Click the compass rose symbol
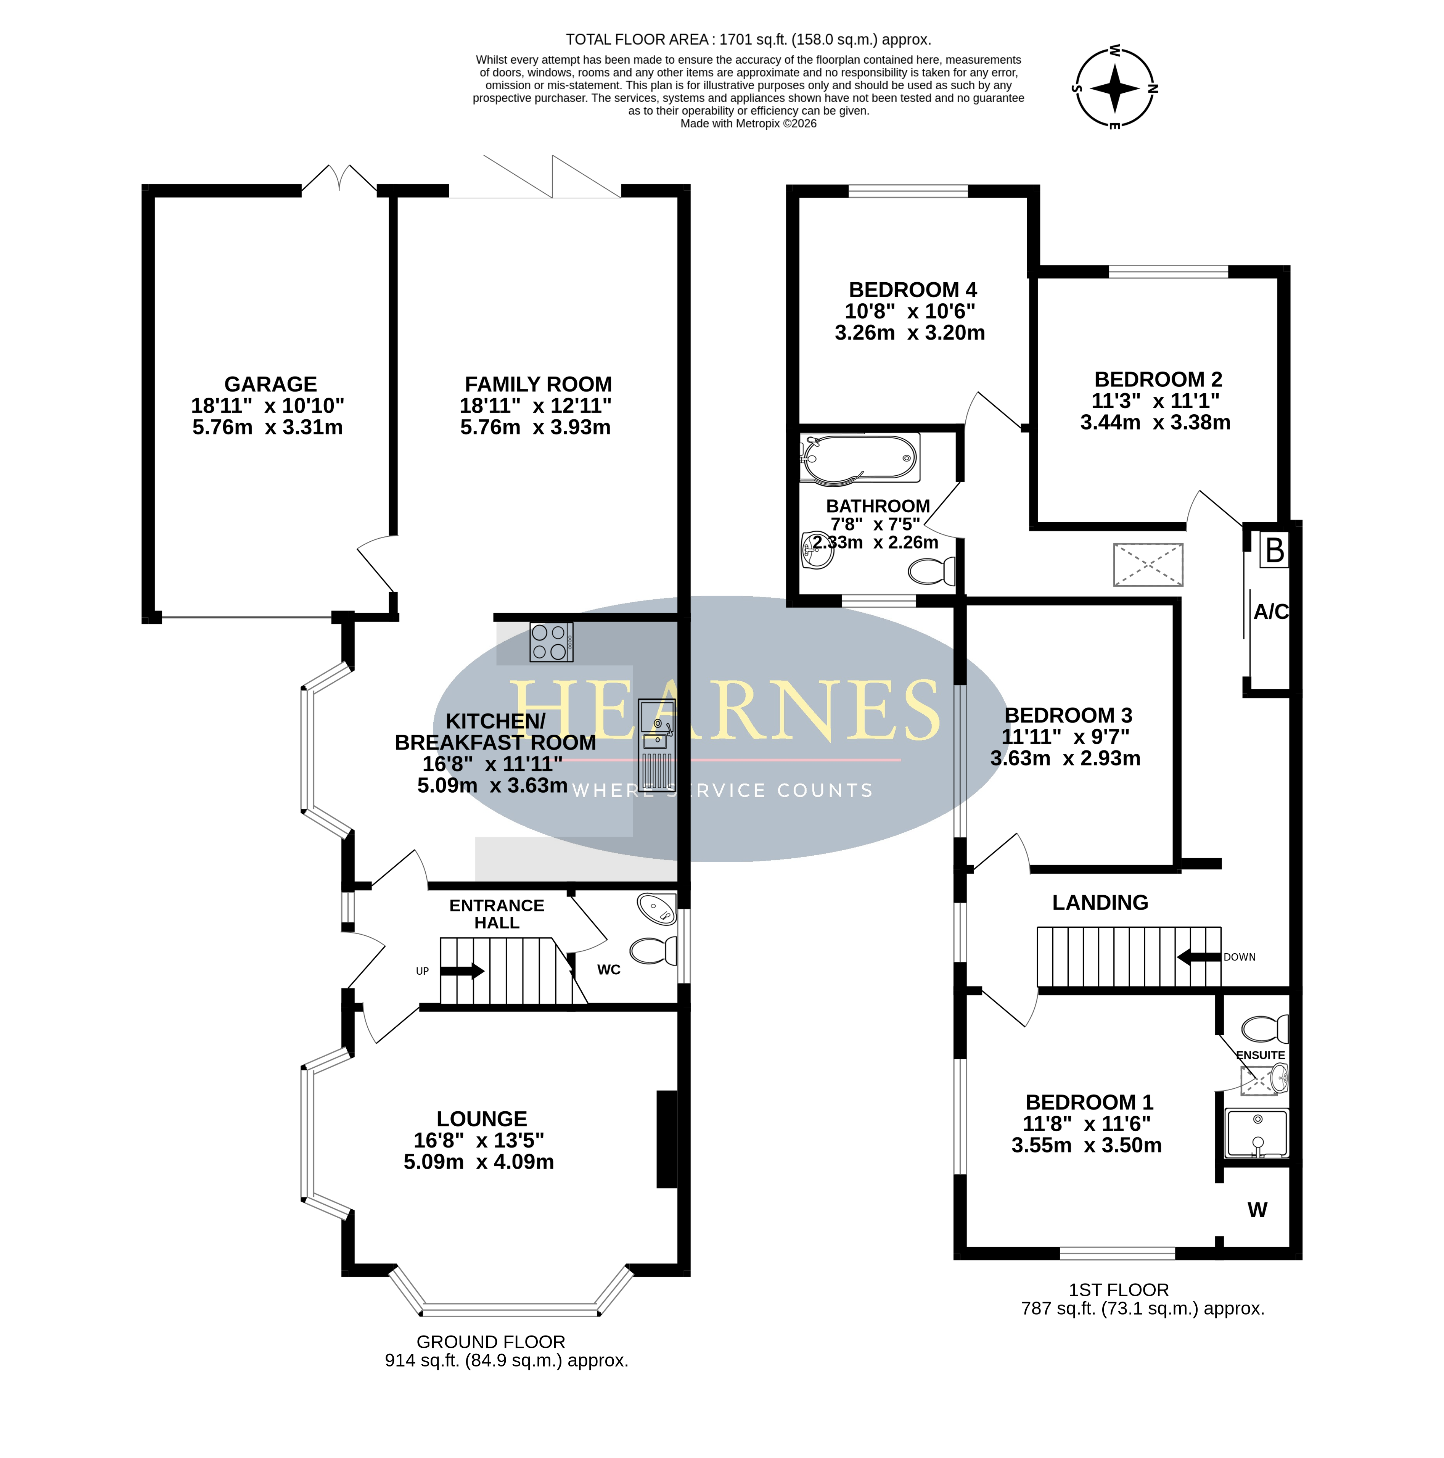click(1115, 87)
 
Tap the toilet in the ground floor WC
click(653, 951)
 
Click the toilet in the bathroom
click(933, 571)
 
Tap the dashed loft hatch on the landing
click(1148, 565)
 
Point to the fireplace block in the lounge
click(667, 1139)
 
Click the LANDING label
click(1100, 903)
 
